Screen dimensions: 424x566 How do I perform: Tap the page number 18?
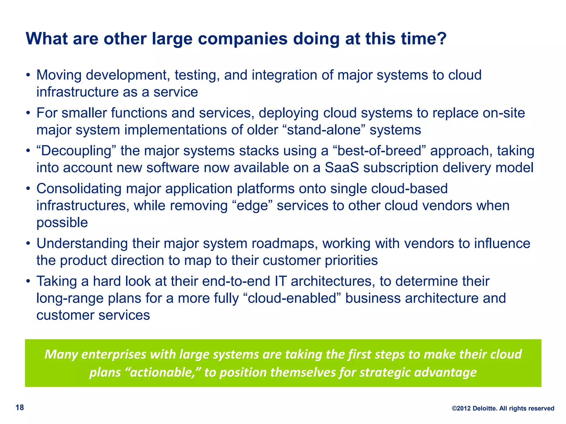click(20, 407)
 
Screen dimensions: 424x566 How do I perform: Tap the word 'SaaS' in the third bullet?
click(342, 168)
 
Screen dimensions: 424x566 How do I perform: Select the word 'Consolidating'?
click(79, 189)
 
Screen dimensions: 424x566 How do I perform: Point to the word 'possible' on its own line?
click(62, 223)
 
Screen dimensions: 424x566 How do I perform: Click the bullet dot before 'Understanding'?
click(28, 244)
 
